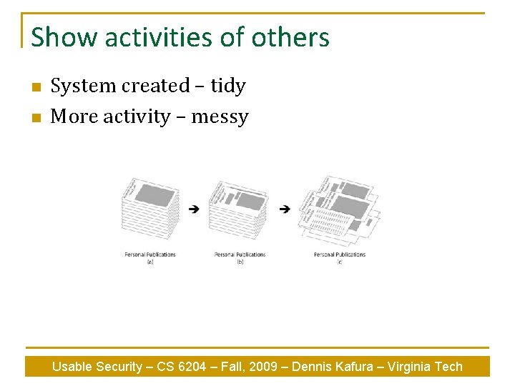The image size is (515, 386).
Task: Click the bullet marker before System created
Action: [x=36, y=87]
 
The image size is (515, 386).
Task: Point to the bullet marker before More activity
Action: [x=36, y=118]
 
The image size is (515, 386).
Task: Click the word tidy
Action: [x=227, y=86]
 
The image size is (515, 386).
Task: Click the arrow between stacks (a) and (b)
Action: [x=194, y=209]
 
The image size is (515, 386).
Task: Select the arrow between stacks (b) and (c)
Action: [x=285, y=209]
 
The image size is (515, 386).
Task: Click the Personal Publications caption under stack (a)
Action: [x=150, y=254]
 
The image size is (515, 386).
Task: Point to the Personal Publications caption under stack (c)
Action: [x=339, y=254]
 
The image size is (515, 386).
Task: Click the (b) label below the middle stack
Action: [x=240, y=262]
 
